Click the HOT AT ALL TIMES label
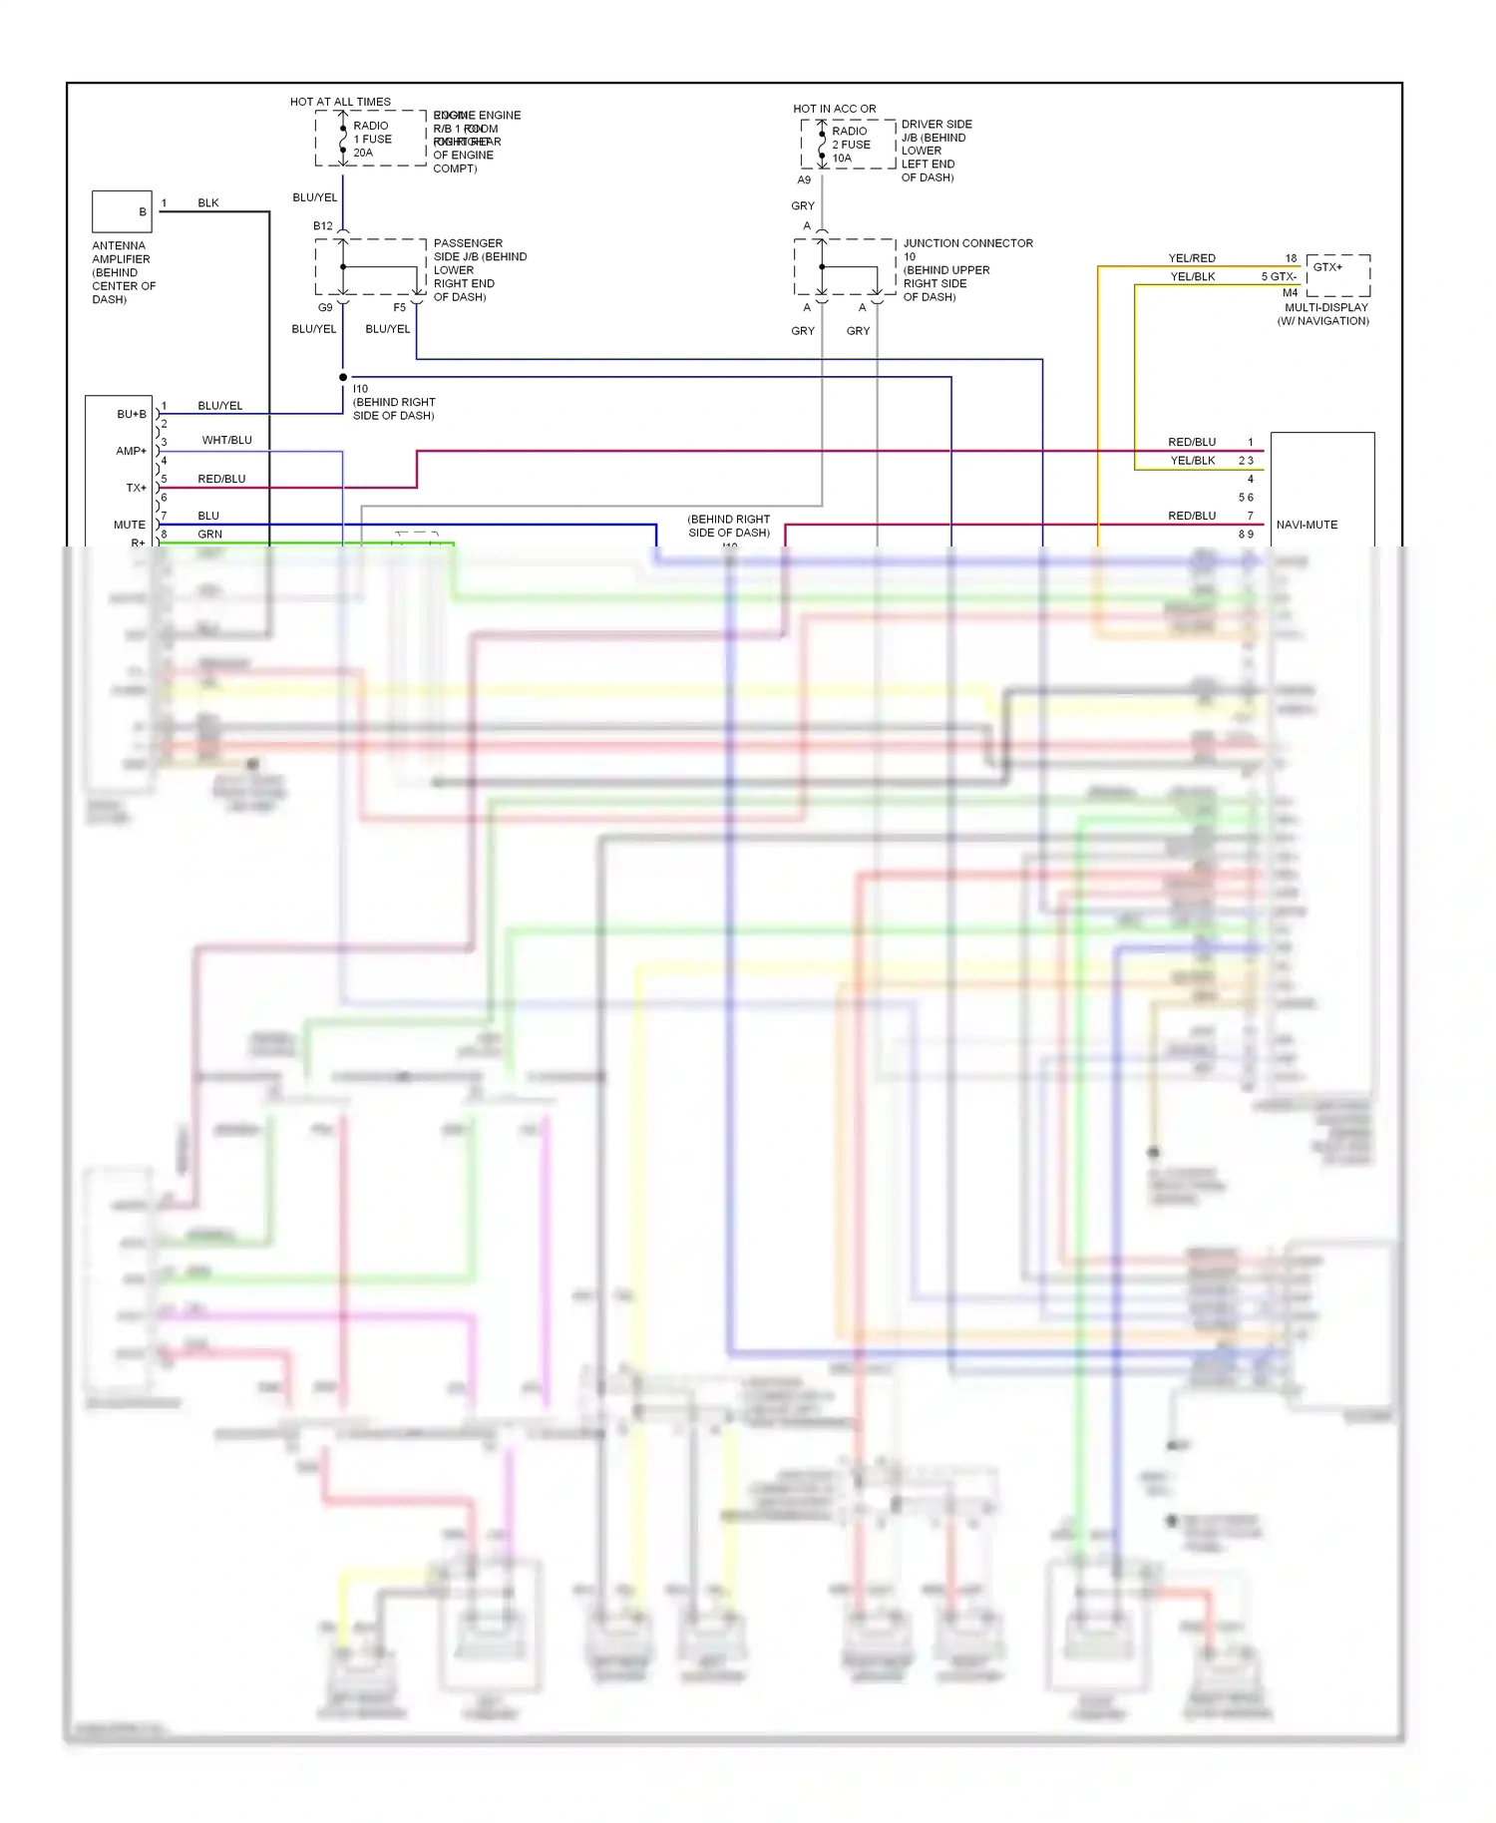(x=340, y=102)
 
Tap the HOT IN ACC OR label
(x=834, y=109)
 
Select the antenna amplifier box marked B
(x=122, y=211)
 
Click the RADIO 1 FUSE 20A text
(x=372, y=140)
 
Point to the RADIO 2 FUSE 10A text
(x=851, y=145)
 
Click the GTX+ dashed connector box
(x=1337, y=275)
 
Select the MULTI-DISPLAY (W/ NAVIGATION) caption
(x=1324, y=314)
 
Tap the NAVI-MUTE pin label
(x=1307, y=525)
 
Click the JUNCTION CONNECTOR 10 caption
(x=966, y=249)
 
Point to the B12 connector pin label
(x=323, y=226)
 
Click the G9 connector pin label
(x=325, y=307)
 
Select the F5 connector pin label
(x=399, y=307)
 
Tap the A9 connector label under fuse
(x=804, y=181)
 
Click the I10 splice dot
(x=343, y=377)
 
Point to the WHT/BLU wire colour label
(x=226, y=440)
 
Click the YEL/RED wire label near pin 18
(x=1192, y=258)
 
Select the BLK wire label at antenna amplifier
(x=207, y=202)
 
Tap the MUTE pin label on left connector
(x=130, y=525)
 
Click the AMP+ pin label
(x=131, y=451)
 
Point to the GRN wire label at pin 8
(x=209, y=535)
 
